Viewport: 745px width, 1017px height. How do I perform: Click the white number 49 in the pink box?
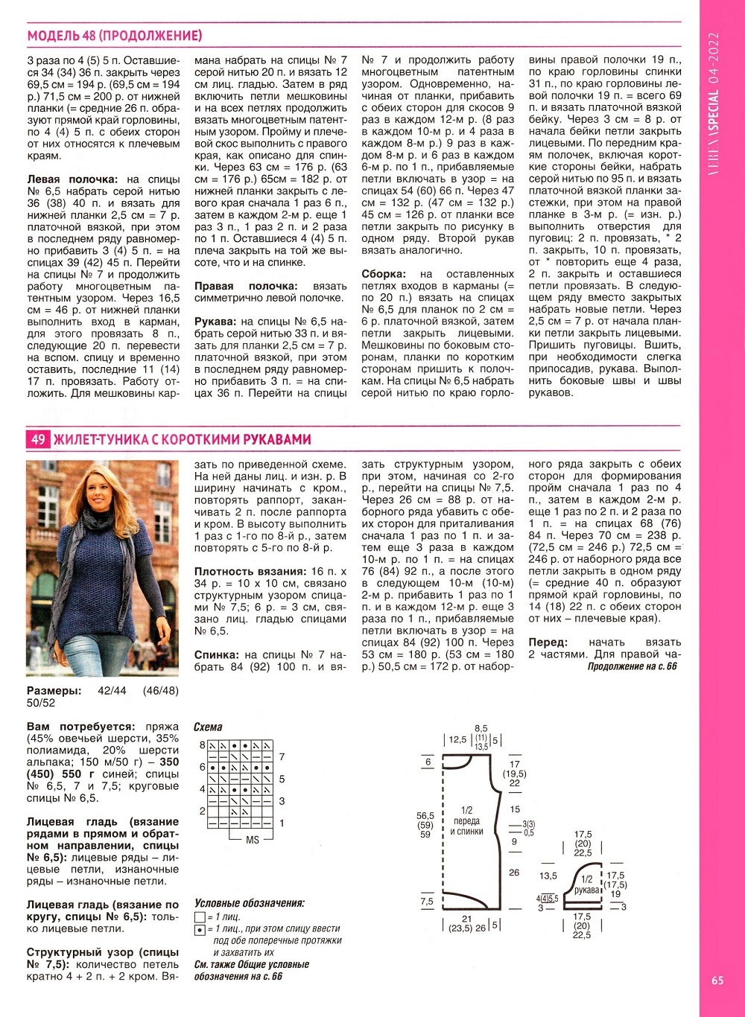[38, 439]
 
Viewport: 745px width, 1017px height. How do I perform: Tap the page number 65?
[717, 981]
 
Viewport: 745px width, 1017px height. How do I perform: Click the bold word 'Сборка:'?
[385, 274]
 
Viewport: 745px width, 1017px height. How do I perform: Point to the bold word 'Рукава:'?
[216, 322]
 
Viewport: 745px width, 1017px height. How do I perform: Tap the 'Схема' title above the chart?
[208, 727]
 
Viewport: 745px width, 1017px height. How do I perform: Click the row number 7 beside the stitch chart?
[282, 757]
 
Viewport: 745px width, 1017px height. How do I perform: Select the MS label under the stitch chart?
[252, 839]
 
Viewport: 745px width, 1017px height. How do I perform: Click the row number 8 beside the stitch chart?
[202, 745]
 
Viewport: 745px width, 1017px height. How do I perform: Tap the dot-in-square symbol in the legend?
[200, 930]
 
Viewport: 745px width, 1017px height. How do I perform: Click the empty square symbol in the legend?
[200, 917]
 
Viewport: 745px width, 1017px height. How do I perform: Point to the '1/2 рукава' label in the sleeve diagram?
[587, 884]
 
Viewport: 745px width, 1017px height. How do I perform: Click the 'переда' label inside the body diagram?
[467, 821]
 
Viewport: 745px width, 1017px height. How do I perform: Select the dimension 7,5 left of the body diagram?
[427, 902]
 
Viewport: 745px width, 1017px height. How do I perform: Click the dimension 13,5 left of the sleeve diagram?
[548, 876]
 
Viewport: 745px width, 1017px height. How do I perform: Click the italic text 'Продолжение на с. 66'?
[632, 666]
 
